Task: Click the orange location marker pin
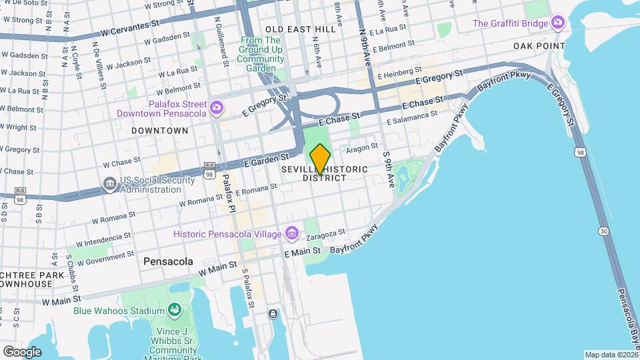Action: pos(320,159)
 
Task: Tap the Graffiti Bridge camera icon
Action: pos(558,23)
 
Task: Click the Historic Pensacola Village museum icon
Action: pos(291,233)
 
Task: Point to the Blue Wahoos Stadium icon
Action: pos(174,310)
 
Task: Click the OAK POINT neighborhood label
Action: pos(539,46)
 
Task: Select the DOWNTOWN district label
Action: pos(160,131)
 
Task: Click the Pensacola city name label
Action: pos(168,262)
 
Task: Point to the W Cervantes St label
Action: pos(130,31)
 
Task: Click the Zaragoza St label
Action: pos(326,235)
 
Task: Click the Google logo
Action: pos(22,351)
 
